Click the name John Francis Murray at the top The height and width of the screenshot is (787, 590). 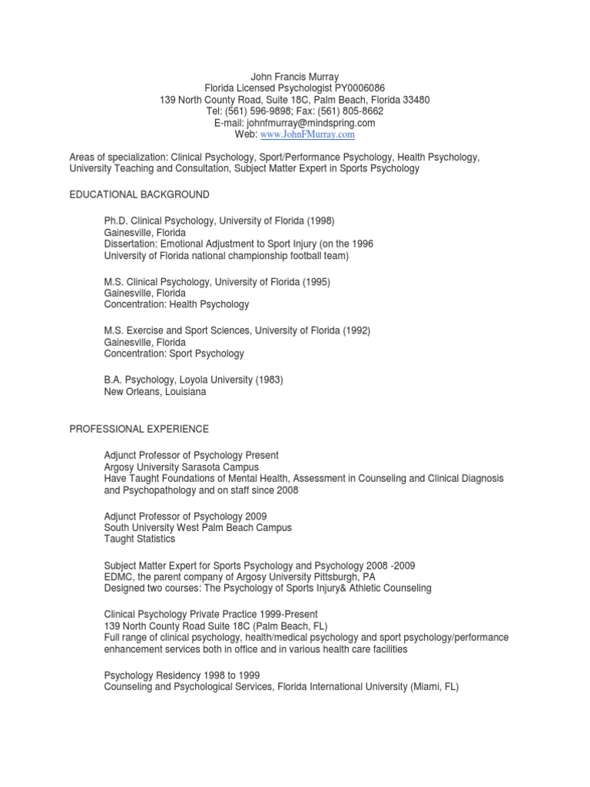(x=294, y=76)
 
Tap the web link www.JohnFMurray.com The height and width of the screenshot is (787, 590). (x=307, y=134)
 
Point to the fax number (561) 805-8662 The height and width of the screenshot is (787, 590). (x=356, y=111)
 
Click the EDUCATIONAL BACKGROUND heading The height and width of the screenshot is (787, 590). (x=139, y=194)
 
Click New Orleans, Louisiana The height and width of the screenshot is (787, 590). (x=155, y=391)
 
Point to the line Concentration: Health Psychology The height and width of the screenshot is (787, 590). (x=177, y=304)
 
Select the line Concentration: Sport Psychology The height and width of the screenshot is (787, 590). (x=174, y=354)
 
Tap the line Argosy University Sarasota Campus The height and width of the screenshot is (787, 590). (x=181, y=467)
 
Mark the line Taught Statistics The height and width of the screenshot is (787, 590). (x=138, y=540)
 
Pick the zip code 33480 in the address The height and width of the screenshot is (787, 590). (x=415, y=100)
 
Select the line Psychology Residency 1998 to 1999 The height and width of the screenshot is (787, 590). (x=181, y=675)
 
